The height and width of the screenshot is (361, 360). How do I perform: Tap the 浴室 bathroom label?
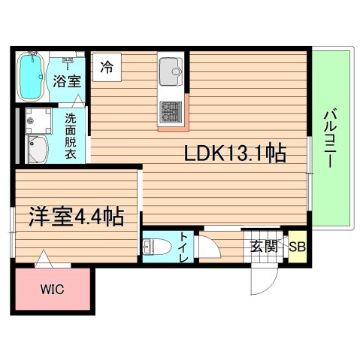pos(67,81)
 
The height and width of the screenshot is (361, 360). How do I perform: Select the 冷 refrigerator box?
pos(107,66)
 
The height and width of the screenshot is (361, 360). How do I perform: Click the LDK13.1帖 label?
pos(234,153)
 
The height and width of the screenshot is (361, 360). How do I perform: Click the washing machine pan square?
pos(35,120)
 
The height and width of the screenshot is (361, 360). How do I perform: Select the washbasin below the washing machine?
pos(36,148)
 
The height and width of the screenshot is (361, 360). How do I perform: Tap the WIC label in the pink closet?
pos(52,288)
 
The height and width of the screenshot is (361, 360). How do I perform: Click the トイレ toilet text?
pos(184,248)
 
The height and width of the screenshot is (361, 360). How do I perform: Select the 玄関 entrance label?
pos(264,246)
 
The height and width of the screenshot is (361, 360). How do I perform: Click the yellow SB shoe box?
pos(297,246)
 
